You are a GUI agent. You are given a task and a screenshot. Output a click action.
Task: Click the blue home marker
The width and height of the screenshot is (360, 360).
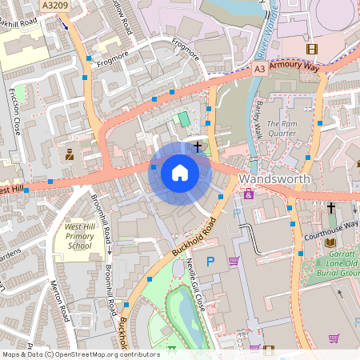179,172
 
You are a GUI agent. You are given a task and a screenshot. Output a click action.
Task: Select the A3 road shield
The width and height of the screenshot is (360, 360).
260,70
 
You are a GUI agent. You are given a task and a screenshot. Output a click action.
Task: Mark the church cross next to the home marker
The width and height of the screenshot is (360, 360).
197,147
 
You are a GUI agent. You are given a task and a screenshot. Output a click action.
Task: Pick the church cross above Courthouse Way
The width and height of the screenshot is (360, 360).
330,208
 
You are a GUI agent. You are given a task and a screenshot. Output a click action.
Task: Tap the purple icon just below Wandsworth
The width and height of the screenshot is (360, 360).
249,194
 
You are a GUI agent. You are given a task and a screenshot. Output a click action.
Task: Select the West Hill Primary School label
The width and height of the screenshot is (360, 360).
79,238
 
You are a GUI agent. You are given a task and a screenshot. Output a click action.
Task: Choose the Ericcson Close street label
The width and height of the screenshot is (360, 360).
14,112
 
